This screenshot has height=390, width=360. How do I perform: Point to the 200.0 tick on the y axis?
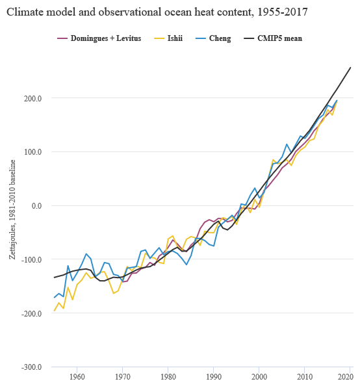33,98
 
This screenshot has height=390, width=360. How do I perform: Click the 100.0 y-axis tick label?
33,152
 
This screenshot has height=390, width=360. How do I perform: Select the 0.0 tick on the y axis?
36,206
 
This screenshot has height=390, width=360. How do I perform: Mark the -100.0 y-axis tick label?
32,260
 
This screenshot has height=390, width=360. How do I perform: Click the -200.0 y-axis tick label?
32,314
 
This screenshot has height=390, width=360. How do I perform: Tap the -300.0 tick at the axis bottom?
32,367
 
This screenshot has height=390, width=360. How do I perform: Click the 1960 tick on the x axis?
77,376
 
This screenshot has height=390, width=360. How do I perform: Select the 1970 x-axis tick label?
122,376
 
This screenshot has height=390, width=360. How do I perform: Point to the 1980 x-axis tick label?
168,376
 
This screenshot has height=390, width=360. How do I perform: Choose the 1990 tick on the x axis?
213,376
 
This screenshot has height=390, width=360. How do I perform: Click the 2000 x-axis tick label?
259,376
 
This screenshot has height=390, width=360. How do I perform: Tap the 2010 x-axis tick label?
304,376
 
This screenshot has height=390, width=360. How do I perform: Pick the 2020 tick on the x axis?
350,376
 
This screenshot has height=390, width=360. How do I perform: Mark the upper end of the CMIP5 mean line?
351,68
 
